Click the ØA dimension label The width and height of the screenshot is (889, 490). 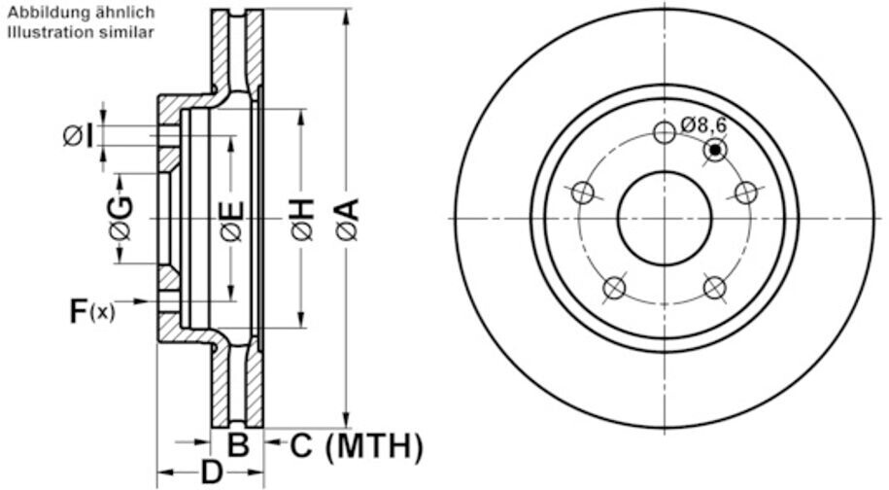tap(347, 219)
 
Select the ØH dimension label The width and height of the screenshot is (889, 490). tap(302, 219)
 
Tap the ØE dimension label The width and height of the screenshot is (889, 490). tap(232, 222)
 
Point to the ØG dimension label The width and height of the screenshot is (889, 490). tap(121, 219)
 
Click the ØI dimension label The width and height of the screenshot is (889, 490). tap(79, 136)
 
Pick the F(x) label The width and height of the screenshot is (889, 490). tap(92, 311)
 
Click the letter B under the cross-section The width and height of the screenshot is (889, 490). tap(238, 445)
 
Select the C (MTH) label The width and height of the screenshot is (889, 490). tap(357, 446)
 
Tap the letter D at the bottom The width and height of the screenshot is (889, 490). tap(212, 472)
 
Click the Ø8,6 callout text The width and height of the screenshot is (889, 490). tap(703, 124)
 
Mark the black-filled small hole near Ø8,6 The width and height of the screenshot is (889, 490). tap(715, 150)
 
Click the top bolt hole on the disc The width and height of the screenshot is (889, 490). tap(665, 132)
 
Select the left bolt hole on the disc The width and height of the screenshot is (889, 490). tap(583, 192)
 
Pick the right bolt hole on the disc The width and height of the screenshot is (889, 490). tap(746, 192)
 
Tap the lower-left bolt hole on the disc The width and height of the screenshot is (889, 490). tap(614, 288)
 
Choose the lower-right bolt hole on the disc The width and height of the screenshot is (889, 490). tap(714, 288)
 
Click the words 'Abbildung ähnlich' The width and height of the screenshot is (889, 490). tap(81, 13)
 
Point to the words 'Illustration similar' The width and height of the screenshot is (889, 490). tap(80, 32)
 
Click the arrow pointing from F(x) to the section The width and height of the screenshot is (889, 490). tap(135, 301)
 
